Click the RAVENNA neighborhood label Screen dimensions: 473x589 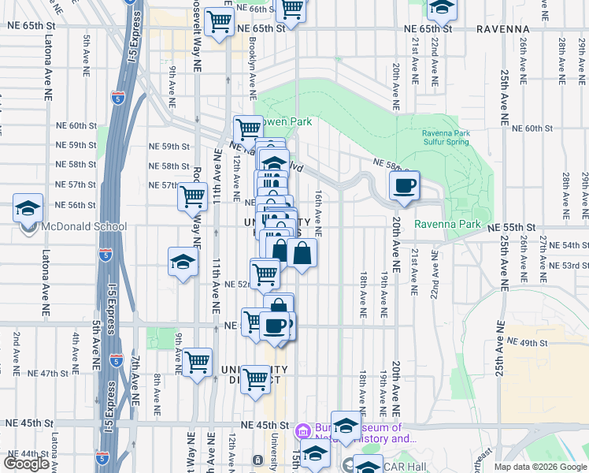(x=502, y=28)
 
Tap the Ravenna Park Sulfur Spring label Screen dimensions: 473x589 (x=446, y=137)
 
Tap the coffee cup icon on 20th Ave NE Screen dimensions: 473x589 (x=404, y=186)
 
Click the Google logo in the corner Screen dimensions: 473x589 (x=26, y=463)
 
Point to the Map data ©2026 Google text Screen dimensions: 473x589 (x=540, y=467)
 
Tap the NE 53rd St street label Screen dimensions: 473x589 (x=569, y=266)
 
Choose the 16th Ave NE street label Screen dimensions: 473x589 (x=319, y=213)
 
